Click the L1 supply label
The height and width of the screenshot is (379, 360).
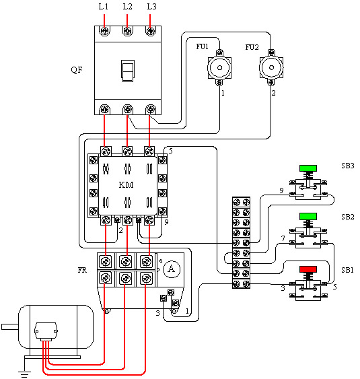tap(103, 7)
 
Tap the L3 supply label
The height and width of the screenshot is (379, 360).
tap(151, 7)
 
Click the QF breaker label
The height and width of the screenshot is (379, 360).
tap(77, 70)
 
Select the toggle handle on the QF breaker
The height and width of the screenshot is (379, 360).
tap(128, 71)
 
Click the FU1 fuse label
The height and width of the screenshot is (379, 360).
tap(203, 46)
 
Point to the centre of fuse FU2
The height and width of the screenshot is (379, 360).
tap(271, 68)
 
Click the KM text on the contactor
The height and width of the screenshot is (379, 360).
tap(126, 185)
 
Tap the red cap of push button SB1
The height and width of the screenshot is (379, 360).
tap(308, 269)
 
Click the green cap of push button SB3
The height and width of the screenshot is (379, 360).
tap(308, 168)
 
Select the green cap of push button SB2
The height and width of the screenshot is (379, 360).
tap(308, 216)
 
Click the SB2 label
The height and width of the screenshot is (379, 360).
tap(348, 217)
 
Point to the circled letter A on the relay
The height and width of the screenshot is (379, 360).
tap(172, 269)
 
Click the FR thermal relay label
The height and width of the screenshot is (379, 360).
tap(82, 270)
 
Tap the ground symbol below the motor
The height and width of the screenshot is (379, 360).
tap(24, 374)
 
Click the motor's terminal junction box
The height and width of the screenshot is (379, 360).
tap(46, 331)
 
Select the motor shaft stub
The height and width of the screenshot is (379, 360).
tap(10, 326)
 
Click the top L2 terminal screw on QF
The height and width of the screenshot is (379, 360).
tap(127, 31)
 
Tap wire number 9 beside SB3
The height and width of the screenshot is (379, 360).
tap(281, 191)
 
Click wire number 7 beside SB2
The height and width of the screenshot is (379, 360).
tap(283, 239)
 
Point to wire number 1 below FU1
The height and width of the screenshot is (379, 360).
tap(223, 93)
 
